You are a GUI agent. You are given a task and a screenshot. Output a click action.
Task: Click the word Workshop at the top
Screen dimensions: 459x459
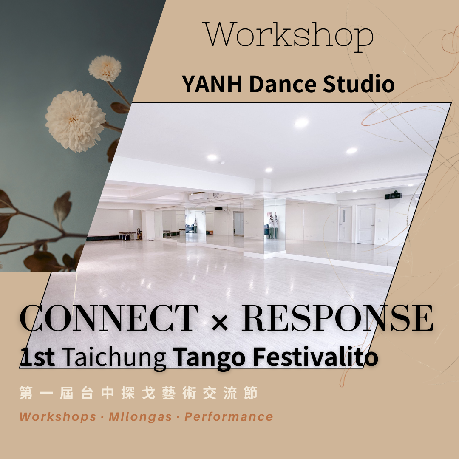pyautogui.click(x=289, y=36)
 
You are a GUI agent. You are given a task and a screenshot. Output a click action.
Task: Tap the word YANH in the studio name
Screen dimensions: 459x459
pyautogui.click(x=212, y=84)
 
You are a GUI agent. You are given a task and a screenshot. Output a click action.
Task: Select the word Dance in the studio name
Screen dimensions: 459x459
pyautogui.click(x=283, y=84)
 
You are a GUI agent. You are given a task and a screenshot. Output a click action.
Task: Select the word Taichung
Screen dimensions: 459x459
pyautogui.click(x=114, y=358)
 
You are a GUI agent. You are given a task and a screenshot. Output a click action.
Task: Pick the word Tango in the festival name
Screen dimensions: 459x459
pyautogui.click(x=209, y=358)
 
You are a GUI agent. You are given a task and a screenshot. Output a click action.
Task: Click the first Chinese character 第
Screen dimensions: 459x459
pyautogui.click(x=26, y=393)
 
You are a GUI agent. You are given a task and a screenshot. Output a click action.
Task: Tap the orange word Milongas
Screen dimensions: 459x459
pyautogui.click(x=140, y=416)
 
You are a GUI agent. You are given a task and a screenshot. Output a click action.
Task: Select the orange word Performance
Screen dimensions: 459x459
pyautogui.click(x=229, y=416)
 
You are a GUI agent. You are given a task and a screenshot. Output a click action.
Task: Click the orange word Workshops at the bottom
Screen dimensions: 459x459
pyautogui.click(x=58, y=416)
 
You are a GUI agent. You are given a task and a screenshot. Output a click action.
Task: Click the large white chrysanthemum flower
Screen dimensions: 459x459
pyautogui.click(x=76, y=120)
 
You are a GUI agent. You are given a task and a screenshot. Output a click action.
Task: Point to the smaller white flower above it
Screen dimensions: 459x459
pyautogui.click(x=105, y=68)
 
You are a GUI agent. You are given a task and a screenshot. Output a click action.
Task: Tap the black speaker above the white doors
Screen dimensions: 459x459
pyautogui.click(x=394, y=195)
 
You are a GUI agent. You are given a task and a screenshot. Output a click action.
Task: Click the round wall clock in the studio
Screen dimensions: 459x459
pyautogui.click(x=216, y=195)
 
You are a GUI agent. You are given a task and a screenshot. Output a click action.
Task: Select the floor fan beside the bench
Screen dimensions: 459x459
pyautogui.click(x=139, y=233)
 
